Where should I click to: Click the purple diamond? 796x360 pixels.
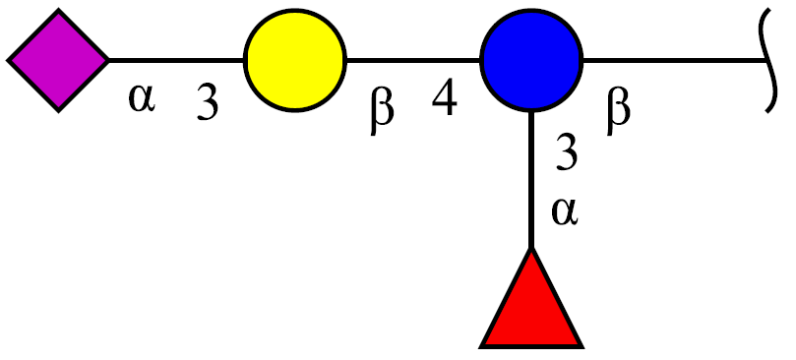[58, 60]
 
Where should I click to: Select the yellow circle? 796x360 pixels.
[295, 60]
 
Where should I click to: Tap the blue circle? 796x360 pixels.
[531, 60]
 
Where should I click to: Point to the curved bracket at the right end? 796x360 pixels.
[769, 60]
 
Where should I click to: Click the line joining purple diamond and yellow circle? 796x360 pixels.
[176, 60]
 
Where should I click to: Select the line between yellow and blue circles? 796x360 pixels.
[413, 60]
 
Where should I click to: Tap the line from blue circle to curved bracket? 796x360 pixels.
[675, 60]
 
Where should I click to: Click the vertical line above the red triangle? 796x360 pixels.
[531, 179]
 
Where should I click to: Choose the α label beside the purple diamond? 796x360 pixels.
[141, 99]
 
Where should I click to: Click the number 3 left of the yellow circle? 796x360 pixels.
[208, 103]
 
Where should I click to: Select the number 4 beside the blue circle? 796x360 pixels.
[444, 99]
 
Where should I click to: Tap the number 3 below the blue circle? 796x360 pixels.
[567, 152]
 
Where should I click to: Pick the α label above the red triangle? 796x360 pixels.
[565, 211]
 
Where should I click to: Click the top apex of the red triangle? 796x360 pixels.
[531, 249]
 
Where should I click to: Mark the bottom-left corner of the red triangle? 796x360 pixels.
[481, 347]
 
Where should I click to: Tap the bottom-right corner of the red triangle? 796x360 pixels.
[582, 347]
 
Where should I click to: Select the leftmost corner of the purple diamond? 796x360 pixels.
[8, 60]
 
